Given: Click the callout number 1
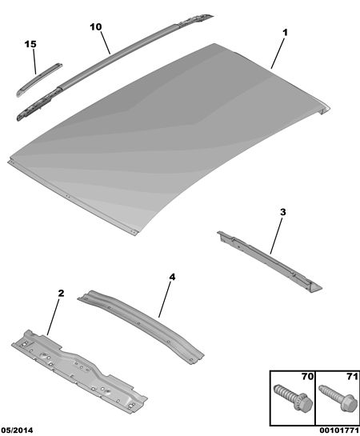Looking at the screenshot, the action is [285, 33].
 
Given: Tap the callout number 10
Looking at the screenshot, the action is [96, 27].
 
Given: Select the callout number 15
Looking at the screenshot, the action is [30, 44].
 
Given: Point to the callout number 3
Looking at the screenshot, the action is [282, 213].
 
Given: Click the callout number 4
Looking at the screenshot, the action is [172, 277].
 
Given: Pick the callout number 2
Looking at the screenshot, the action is [61, 293].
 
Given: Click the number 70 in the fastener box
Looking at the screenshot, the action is [308, 377].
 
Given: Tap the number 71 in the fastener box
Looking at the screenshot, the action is [352, 377].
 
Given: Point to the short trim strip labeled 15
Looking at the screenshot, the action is [38, 80].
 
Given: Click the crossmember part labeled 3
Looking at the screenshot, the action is [269, 261].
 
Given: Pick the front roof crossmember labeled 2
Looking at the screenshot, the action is [79, 369].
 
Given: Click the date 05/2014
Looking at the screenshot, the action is [17, 430].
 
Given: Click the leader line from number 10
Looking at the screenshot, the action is [106, 42].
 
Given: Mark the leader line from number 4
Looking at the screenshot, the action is [165, 299].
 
